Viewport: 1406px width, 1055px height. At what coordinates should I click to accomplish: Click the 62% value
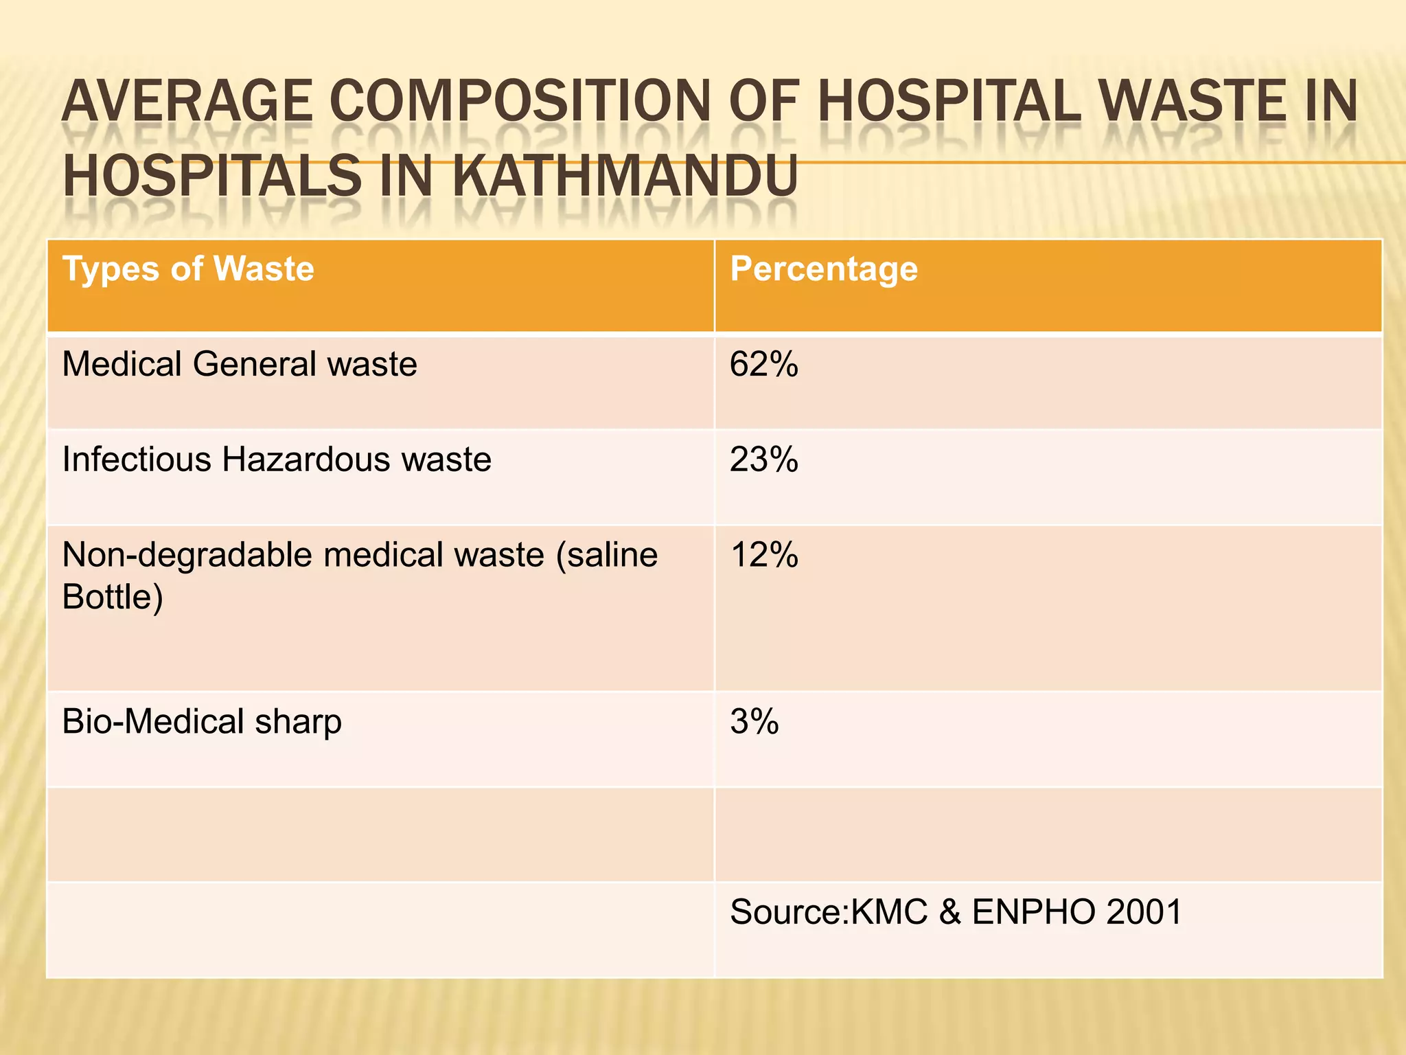coord(763,364)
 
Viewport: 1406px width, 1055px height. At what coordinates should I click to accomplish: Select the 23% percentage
coord(763,460)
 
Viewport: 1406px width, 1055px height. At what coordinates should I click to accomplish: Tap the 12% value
coord(763,555)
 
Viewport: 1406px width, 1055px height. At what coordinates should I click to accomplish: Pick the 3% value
coord(754,722)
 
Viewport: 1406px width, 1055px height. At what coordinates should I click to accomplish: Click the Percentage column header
coord(823,269)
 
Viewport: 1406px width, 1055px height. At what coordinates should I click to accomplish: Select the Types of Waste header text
coord(188,269)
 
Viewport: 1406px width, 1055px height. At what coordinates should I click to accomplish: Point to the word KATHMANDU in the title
coord(624,176)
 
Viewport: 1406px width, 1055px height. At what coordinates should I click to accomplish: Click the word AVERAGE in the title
coord(187,102)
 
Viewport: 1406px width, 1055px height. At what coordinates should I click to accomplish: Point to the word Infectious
coord(136,460)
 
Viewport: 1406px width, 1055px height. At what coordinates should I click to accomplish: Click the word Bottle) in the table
coord(113,597)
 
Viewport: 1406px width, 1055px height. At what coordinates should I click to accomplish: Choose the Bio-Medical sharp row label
coord(202,722)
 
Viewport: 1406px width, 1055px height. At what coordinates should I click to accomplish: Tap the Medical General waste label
coord(239,364)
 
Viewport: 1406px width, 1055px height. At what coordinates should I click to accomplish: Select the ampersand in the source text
coord(949,912)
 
